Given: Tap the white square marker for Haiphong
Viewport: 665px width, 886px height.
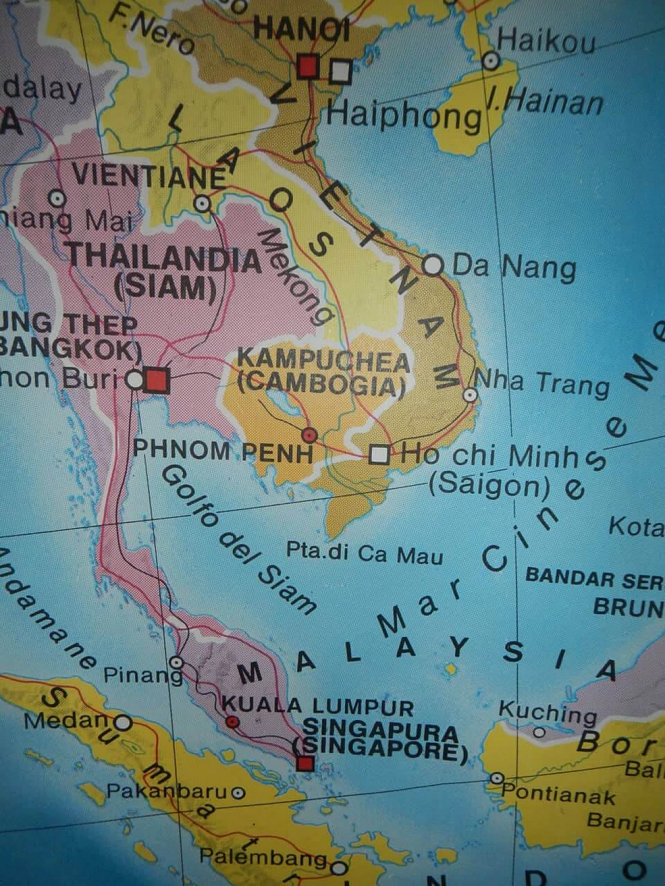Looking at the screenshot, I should [341, 72].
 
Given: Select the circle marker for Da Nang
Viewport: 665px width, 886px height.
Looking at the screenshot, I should [433, 266].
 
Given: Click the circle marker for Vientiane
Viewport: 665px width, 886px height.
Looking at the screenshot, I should [203, 203].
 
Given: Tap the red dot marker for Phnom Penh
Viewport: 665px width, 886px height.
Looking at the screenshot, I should [310, 434].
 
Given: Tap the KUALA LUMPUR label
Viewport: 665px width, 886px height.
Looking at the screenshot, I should [318, 706].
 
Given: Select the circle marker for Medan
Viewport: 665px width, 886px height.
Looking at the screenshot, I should [123, 722].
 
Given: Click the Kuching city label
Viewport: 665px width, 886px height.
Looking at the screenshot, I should [548, 712].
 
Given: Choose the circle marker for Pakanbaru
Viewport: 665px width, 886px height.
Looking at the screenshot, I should [238, 793].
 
